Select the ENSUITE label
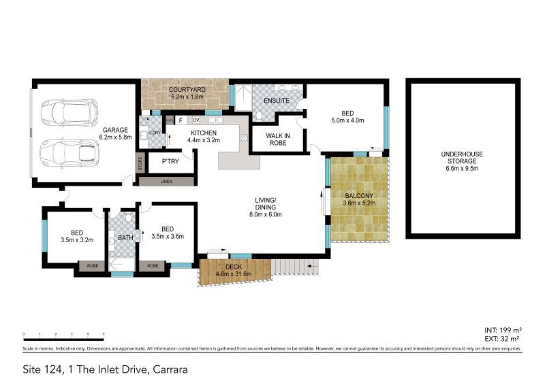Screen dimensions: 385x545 coord(277,101)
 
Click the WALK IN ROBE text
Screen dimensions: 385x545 coord(278,139)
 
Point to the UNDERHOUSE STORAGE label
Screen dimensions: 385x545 coord(452,158)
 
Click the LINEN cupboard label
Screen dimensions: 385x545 coord(165,181)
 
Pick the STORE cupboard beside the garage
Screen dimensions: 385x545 coord(141,163)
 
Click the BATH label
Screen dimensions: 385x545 coord(125,238)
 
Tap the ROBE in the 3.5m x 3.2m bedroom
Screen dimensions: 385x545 coord(91,266)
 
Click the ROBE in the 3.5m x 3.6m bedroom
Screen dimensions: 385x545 coord(153,266)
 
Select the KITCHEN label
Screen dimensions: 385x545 coord(203,133)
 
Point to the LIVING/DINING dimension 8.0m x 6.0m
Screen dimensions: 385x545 coord(265,215)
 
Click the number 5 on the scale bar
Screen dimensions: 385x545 coord(103,334)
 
